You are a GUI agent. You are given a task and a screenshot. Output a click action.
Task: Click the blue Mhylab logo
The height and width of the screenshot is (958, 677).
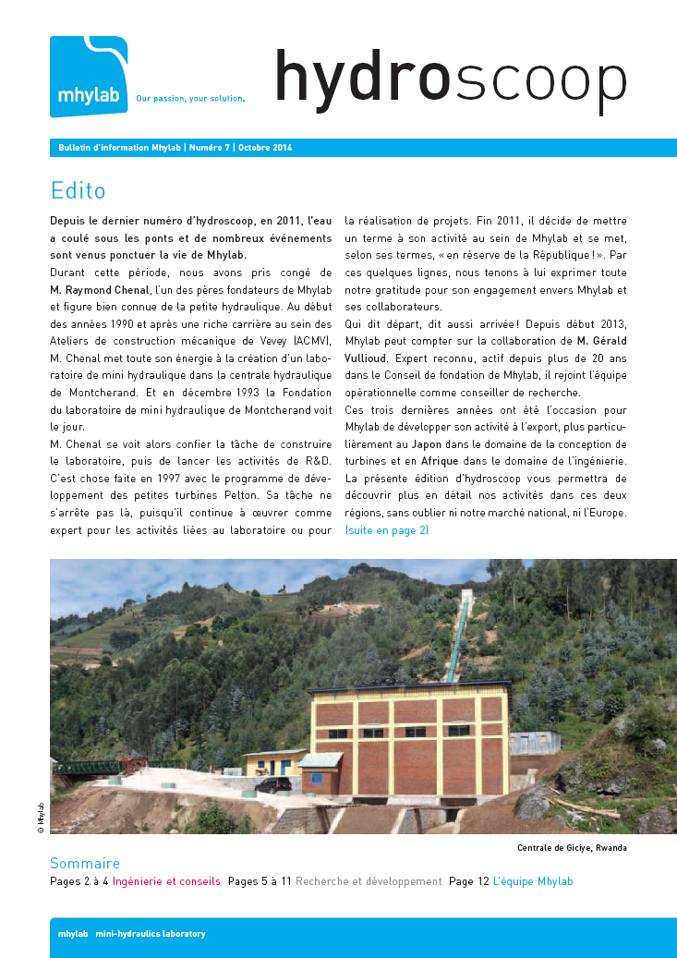89,77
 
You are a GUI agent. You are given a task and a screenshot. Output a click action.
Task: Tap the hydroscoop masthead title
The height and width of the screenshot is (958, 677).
450,78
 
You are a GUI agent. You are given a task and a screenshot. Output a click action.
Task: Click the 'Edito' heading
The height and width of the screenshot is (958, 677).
79,191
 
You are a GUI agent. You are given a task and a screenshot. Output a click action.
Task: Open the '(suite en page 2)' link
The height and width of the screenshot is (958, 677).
386,530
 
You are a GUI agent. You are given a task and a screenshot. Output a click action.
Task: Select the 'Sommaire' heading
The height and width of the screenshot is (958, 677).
85,863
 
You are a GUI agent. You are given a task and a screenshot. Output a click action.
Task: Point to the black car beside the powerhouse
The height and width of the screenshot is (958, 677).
272,785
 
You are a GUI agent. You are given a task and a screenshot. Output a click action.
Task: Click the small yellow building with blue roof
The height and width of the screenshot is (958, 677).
273,762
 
